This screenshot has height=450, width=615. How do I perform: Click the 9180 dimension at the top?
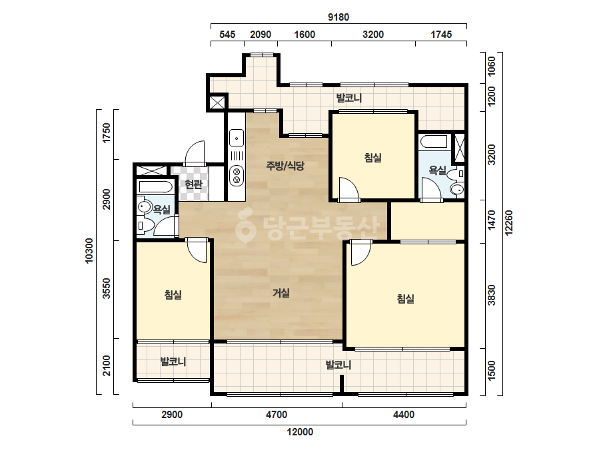pyautogui.click(x=338, y=17)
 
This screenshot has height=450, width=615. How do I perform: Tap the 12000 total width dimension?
pyautogui.click(x=300, y=432)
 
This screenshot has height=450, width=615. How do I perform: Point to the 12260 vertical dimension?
pyautogui.click(x=508, y=223)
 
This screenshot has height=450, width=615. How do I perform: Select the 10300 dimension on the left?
pyautogui.click(x=89, y=250)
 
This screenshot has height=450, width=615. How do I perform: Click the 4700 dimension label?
pyautogui.click(x=277, y=414)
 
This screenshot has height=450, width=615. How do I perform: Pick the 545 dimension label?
pyautogui.click(x=227, y=35)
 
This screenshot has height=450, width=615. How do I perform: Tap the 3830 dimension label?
pyautogui.click(x=492, y=295)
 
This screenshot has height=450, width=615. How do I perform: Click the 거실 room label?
pyautogui.click(x=281, y=293)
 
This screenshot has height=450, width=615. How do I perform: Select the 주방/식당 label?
pyautogui.click(x=285, y=166)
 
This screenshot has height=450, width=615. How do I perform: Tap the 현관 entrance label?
pyautogui.click(x=193, y=184)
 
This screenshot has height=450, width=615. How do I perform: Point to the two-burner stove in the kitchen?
pyautogui.click(x=237, y=175)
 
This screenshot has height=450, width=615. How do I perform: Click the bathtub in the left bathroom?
pyautogui.click(x=156, y=186)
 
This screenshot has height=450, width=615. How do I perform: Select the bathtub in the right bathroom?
pyautogui.click(x=433, y=142)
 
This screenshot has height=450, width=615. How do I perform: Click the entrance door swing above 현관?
pyautogui.click(x=195, y=153)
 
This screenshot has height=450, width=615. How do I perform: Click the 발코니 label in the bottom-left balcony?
pyautogui.click(x=173, y=361)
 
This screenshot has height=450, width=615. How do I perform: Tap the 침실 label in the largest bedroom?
pyautogui.click(x=406, y=299)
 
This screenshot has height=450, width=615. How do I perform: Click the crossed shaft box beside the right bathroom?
pyautogui.click(x=459, y=148)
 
